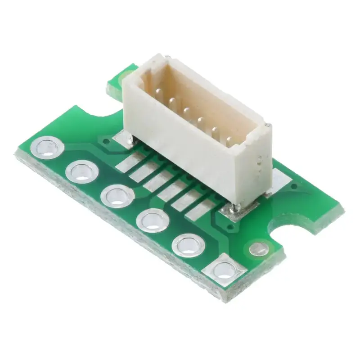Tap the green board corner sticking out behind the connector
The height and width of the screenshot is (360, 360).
point(119,81)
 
